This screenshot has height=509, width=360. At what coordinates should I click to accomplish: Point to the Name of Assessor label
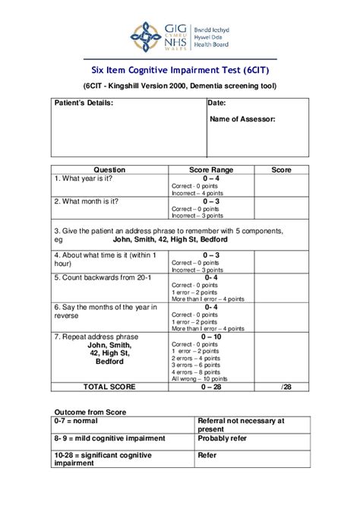(x=242, y=119)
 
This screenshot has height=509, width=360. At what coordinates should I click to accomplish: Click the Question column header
(x=109, y=170)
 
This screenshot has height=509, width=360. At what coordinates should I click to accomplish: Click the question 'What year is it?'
(x=84, y=179)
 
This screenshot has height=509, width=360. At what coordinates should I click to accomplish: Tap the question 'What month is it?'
(x=87, y=201)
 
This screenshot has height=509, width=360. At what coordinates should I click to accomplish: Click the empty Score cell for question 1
(x=280, y=186)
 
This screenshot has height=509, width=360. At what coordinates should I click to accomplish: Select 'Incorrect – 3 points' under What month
(x=198, y=216)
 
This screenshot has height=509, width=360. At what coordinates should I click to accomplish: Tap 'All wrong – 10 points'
(x=201, y=378)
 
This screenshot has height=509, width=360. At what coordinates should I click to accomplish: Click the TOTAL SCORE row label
(x=109, y=387)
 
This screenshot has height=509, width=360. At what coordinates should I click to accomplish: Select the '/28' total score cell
(x=286, y=387)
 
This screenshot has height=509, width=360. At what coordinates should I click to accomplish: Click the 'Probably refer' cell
(x=224, y=438)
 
